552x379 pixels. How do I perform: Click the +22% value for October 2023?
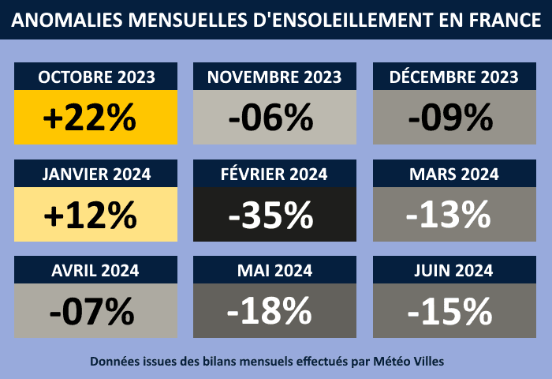coord(90,118)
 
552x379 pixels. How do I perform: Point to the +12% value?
coord(90,214)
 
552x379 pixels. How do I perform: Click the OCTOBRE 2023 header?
coord(96,77)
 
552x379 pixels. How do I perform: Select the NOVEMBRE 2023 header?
coord(274,77)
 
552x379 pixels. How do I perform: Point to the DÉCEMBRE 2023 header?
coord(453,77)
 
